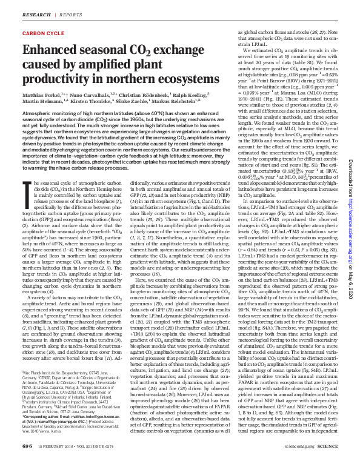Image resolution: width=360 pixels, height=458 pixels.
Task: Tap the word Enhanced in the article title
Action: (x=50, y=51)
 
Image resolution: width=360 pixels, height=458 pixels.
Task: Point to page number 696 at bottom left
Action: (x=27, y=445)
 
